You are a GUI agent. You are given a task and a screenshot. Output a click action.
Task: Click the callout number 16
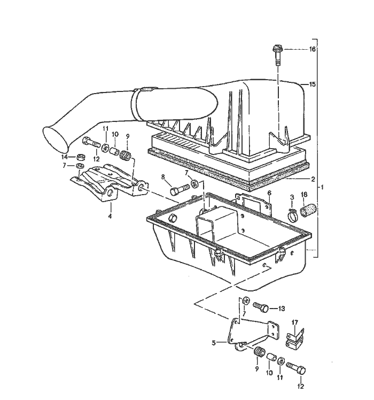click(x=313, y=49)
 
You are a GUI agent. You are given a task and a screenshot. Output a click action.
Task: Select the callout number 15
click(x=312, y=84)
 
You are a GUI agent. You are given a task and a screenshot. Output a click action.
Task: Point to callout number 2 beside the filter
click(x=313, y=179)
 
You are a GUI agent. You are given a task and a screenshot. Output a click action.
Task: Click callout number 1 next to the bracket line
click(x=322, y=188)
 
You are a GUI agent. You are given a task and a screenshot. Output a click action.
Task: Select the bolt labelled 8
click(x=179, y=189)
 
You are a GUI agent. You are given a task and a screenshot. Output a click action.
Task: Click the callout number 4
click(x=110, y=216)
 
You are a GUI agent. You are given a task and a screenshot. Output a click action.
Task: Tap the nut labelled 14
click(x=81, y=157)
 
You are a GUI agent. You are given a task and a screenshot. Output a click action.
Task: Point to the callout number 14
click(x=65, y=157)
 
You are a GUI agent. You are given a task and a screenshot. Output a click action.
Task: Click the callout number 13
click(x=281, y=309)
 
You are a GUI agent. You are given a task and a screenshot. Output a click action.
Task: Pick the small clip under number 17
click(x=294, y=340)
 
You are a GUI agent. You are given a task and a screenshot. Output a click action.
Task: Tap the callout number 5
click(x=214, y=343)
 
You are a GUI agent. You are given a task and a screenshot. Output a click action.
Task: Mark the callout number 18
click(x=304, y=195)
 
